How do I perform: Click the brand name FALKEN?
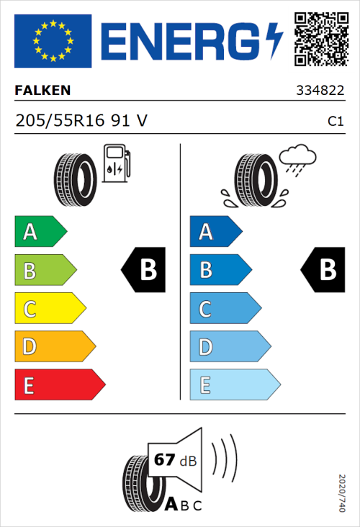(43, 91)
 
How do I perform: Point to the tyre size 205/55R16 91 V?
(81, 121)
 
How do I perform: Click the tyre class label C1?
(335, 122)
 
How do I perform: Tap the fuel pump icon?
(116, 163)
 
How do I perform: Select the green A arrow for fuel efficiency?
(40, 232)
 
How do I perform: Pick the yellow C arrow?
(49, 309)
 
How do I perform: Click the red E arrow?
(59, 385)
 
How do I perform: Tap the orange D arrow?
(54, 347)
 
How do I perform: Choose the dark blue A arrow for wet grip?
(215, 232)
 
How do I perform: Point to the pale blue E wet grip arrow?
(234, 385)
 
